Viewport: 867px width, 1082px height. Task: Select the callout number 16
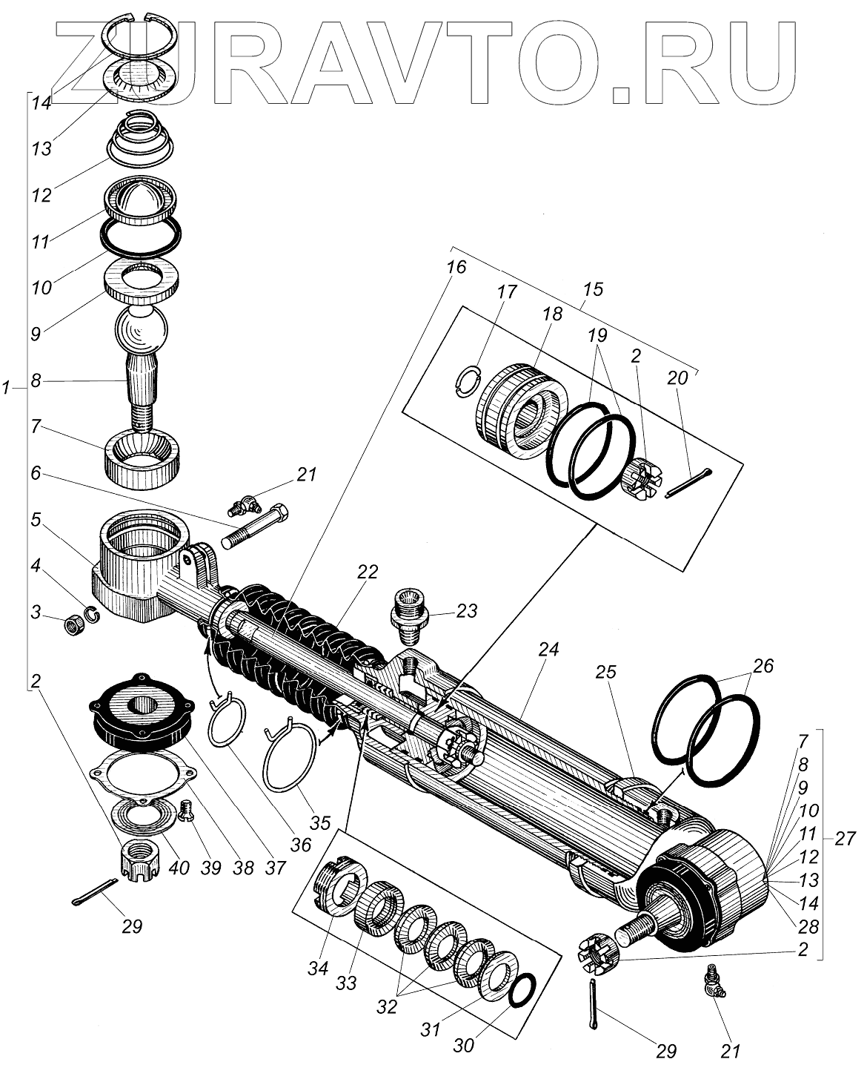pos(456,267)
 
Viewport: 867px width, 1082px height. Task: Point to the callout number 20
pos(677,377)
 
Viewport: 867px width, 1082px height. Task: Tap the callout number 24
pos(549,649)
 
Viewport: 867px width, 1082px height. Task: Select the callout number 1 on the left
pos(7,388)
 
